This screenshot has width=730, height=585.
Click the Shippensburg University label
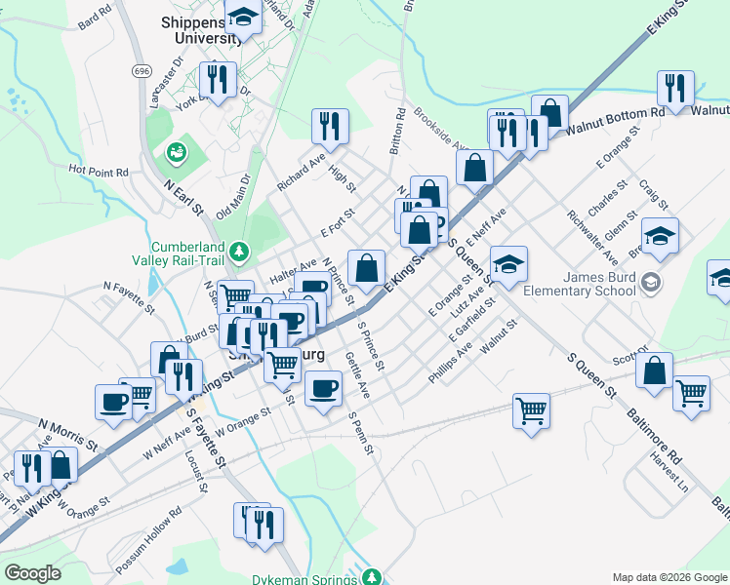click(200, 29)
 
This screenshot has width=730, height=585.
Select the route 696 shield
click(142, 71)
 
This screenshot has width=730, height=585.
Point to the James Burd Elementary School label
click(580, 285)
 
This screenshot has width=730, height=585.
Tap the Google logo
click(32, 573)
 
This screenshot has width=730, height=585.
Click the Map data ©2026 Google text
click(669, 577)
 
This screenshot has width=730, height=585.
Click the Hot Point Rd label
click(99, 171)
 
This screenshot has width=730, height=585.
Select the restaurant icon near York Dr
click(217, 78)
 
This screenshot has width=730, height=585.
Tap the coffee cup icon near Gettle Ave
click(323, 387)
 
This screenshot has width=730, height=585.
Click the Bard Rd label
click(95, 20)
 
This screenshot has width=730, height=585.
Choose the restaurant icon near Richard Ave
click(330, 125)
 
